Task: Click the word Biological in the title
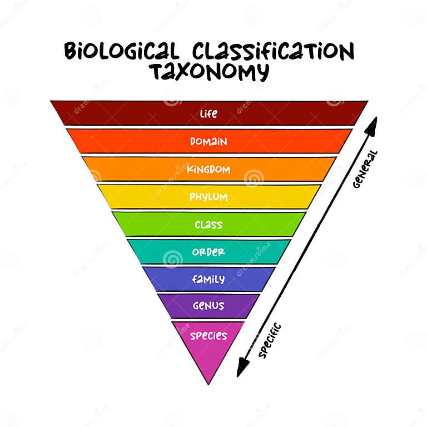click(x=122, y=51)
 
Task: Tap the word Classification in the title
click(x=273, y=51)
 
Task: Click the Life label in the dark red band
click(x=208, y=114)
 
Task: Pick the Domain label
click(x=208, y=142)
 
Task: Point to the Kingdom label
click(x=208, y=170)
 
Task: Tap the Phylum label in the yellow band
click(x=208, y=197)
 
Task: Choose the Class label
click(x=208, y=225)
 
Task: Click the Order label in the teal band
click(x=208, y=252)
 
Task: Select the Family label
click(x=208, y=279)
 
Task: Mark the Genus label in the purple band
click(x=208, y=306)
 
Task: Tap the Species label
click(x=208, y=335)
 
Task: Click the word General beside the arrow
click(x=365, y=170)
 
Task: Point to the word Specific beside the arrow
click(x=270, y=340)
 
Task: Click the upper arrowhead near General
click(x=373, y=126)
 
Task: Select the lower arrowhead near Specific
click(x=242, y=368)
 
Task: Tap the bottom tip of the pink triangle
click(x=208, y=385)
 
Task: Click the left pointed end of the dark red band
click(x=51, y=101)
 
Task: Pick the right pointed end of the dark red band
click(x=368, y=101)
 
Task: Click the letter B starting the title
click(x=69, y=51)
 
